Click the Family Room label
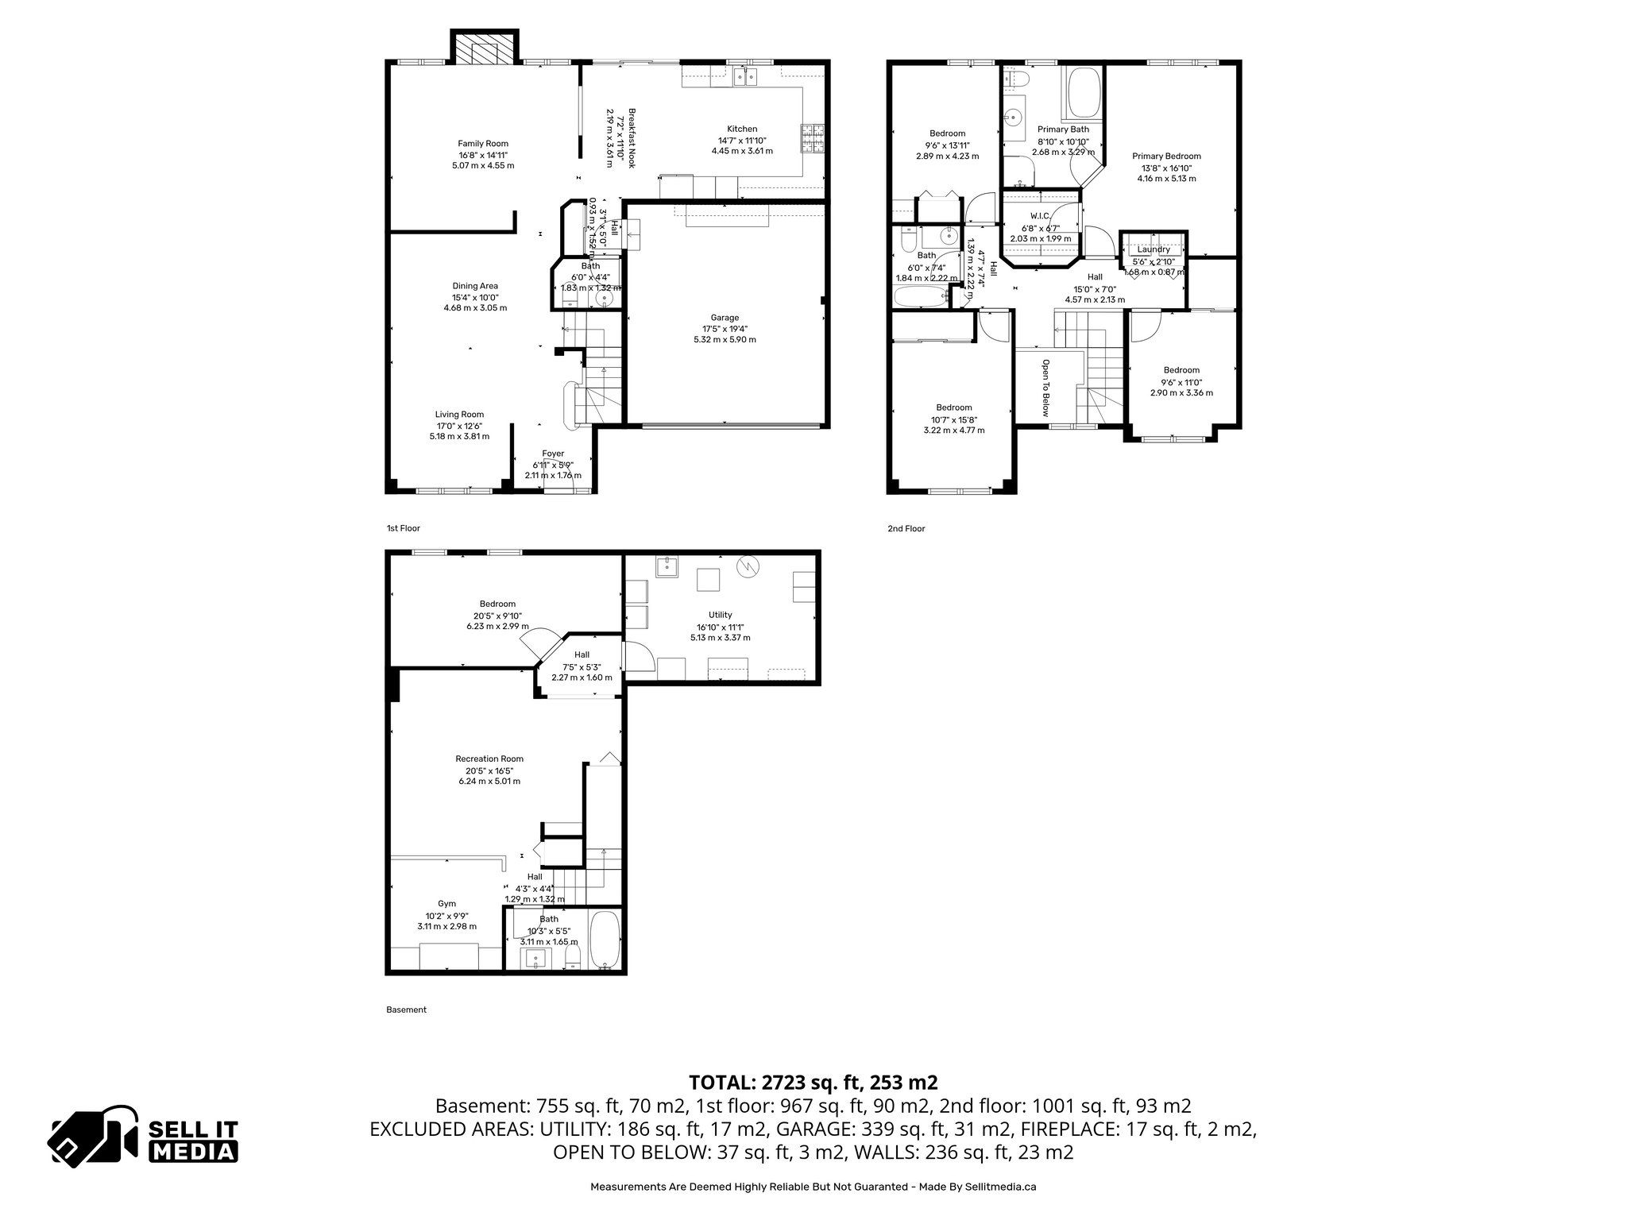(482, 144)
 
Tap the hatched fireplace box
(485, 48)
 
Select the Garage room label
(725, 318)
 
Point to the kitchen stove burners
(812, 139)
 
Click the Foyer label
(553, 454)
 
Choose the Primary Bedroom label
(1166, 156)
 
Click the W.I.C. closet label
(1041, 216)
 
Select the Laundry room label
(1153, 249)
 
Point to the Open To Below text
(1045, 388)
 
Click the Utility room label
(720, 615)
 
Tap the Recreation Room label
(489, 759)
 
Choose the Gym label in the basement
(446, 903)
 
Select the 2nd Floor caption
(906, 529)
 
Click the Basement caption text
(406, 1010)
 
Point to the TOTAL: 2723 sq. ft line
(813, 1082)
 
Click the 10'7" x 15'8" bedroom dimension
(953, 419)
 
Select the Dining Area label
(475, 286)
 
